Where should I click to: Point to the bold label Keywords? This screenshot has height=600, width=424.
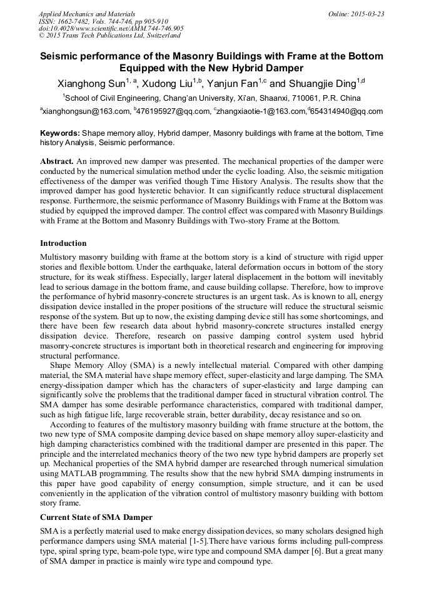coord(60,133)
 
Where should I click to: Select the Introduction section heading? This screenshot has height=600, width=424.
coord(63,243)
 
